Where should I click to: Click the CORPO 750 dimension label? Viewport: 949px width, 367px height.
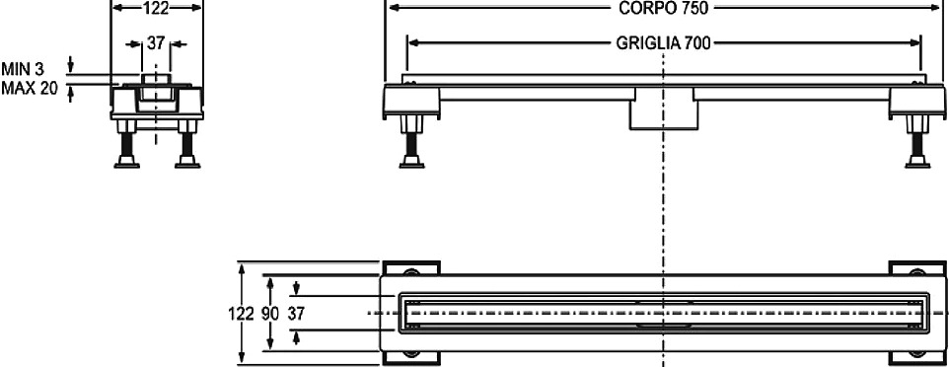click(663, 7)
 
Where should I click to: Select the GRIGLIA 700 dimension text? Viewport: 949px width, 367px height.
click(663, 43)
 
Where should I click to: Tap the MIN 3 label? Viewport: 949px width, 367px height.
click(23, 68)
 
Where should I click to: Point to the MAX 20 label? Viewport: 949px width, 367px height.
click(29, 89)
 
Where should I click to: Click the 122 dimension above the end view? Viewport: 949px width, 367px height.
click(156, 7)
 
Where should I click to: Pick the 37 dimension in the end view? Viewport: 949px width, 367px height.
click(156, 43)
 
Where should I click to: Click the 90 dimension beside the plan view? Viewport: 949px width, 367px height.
click(271, 313)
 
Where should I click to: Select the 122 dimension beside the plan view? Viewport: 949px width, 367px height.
click(241, 313)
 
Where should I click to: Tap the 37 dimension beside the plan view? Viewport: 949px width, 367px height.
click(296, 313)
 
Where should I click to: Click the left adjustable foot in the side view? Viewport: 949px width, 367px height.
click(411, 142)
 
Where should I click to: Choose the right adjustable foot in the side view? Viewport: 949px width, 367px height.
click(917, 142)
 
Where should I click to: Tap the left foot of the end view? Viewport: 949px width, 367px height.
click(127, 144)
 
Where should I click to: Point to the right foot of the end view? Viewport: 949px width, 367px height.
click(187, 144)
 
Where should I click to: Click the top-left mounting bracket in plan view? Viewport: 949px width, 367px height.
click(411, 269)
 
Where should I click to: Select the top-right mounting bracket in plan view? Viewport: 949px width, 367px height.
click(916, 269)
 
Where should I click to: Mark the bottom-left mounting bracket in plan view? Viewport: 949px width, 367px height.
click(411, 357)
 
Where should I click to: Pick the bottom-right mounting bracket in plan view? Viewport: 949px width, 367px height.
click(916, 357)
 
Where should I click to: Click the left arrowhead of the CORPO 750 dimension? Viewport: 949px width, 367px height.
click(395, 7)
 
